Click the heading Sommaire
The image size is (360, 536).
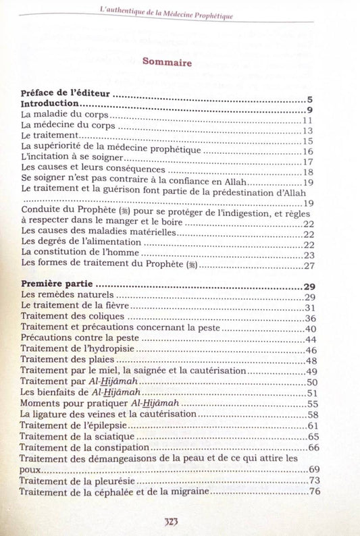tap(168, 64)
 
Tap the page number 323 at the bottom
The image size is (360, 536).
tap(175, 522)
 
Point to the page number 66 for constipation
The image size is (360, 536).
tap(313, 448)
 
